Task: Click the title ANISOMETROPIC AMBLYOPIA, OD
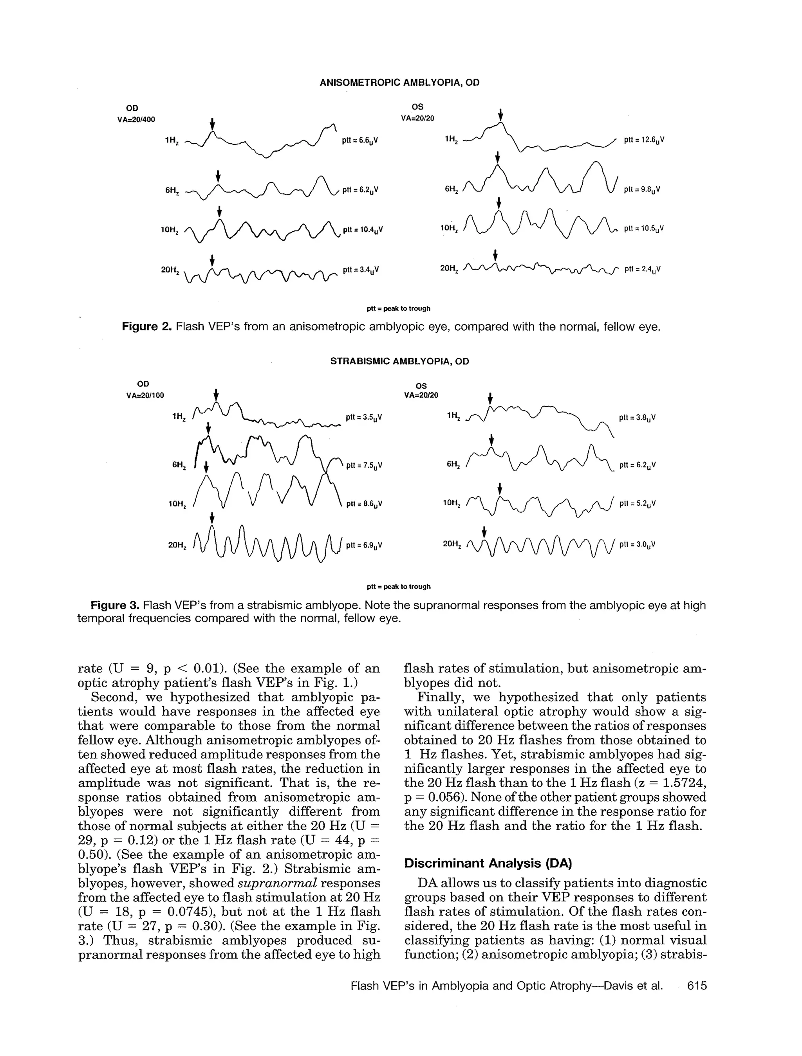399,83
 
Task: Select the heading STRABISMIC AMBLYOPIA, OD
399,361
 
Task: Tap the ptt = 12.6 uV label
644,141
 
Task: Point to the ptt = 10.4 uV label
363,230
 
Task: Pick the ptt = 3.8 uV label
637,418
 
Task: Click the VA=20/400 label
136,120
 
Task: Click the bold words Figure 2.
146,327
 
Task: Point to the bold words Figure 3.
115,605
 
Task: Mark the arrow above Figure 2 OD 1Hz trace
213,123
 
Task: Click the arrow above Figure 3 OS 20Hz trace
484,532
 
